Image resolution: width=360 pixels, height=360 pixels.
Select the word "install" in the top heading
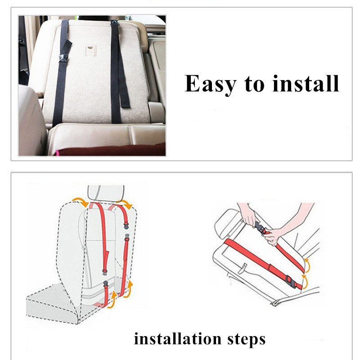(x=306, y=83)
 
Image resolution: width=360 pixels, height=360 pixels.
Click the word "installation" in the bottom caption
(x=178, y=338)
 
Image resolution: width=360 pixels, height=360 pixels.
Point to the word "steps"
(x=246, y=339)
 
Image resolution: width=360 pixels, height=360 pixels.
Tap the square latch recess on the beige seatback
(x=91, y=51)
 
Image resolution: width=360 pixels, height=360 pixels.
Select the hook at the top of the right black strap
(x=114, y=22)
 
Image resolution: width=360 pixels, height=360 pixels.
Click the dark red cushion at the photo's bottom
(x=110, y=150)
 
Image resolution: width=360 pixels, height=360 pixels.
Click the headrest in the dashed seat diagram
(x=106, y=193)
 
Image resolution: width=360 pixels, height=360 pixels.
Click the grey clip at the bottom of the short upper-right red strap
(x=126, y=226)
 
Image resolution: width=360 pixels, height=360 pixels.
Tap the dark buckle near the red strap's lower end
(x=290, y=282)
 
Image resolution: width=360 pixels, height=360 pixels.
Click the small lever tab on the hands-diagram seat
(x=243, y=269)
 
